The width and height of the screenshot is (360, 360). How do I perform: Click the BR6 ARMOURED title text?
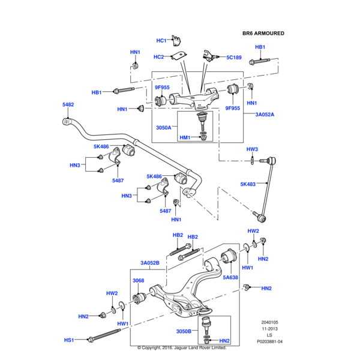pyautogui.click(x=263, y=34)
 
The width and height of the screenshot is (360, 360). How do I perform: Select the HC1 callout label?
pyautogui.click(x=161, y=41)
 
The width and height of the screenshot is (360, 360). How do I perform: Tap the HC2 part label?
pyautogui.click(x=158, y=57)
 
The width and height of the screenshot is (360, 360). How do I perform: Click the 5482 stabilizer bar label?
pyautogui.click(x=68, y=105)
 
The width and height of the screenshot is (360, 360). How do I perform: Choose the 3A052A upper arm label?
pyautogui.click(x=265, y=115)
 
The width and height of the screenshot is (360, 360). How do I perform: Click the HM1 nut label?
pyautogui.click(x=185, y=138)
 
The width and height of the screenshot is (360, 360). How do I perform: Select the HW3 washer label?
pyautogui.click(x=252, y=149)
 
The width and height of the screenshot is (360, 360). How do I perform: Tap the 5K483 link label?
pyautogui.click(x=248, y=184)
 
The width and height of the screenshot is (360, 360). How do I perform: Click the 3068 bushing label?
pyautogui.click(x=139, y=280)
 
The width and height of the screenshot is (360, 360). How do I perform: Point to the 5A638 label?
pyautogui.click(x=230, y=277)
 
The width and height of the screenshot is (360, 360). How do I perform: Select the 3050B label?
pyautogui.click(x=184, y=331)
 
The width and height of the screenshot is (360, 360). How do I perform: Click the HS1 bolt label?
pyautogui.click(x=69, y=340)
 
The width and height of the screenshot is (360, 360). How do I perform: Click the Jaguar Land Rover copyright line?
pyautogui.click(x=182, y=347)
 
